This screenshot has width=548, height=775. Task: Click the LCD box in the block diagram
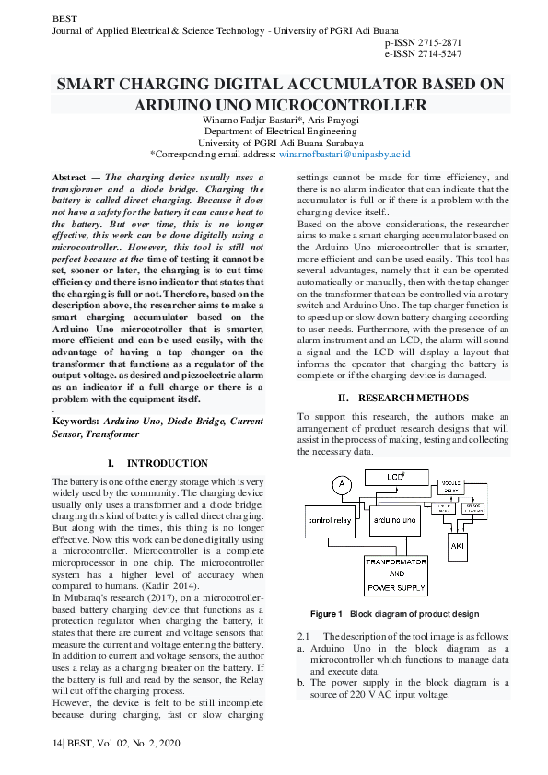[396, 477]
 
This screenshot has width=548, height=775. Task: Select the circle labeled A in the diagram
[342, 484]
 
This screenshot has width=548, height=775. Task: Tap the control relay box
[330, 520]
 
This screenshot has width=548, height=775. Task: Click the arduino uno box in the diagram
[396, 521]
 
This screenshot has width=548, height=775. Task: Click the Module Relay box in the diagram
[452, 487]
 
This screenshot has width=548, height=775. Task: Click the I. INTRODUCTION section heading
[157, 463]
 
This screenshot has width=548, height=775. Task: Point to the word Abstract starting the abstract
[70, 176]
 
